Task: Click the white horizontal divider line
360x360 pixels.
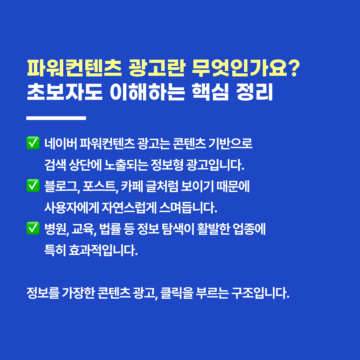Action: [x=56, y=118]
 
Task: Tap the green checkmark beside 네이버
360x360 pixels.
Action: [x=33, y=143]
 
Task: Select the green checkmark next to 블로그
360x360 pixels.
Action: [x=33, y=186]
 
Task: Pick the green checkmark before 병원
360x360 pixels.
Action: [x=33, y=228]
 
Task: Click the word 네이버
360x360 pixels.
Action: [x=61, y=143]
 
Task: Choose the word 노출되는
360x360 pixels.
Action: [x=126, y=165]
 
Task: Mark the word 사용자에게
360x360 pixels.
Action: [x=72, y=208]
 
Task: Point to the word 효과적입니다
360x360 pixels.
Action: [x=103, y=250]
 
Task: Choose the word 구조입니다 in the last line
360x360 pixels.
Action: [x=260, y=293]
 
